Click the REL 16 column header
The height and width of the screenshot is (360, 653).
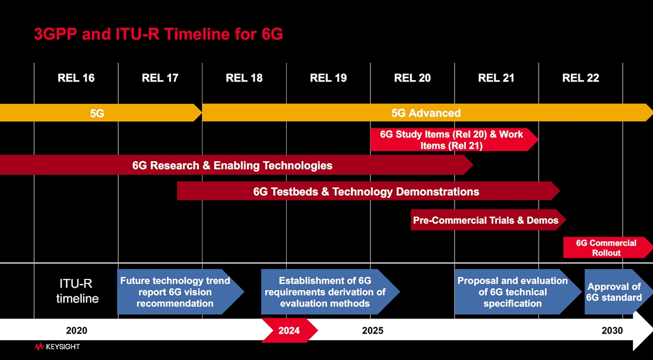click(x=76, y=78)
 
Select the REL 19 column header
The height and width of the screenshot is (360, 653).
click(x=328, y=78)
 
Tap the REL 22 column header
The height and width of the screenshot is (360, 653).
click(x=581, y=78)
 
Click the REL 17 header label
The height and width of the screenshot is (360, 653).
click(x=160, y=78)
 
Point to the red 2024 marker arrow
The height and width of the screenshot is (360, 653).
click(x=289, y=330)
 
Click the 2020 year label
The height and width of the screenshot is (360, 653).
click(x=77, y=330)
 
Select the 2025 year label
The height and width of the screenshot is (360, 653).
click(x=372, y=330)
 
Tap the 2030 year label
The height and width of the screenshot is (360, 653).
click(x=612, y=330)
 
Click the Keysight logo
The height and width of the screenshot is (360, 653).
click(x=57, y=347)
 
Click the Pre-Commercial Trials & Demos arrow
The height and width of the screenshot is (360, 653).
click(x=486, y=220)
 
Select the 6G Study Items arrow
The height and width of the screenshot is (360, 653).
click(x=451, y=140)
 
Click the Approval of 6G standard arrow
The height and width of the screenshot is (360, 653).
click(x=614, y=292)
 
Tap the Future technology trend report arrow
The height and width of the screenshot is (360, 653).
click(x=175, y=292)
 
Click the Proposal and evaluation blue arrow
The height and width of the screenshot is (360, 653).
click(x=512, y=292)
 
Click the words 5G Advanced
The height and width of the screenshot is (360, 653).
click(x=426, y=113)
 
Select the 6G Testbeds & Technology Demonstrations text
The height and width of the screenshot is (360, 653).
click(x=366, y=192)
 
